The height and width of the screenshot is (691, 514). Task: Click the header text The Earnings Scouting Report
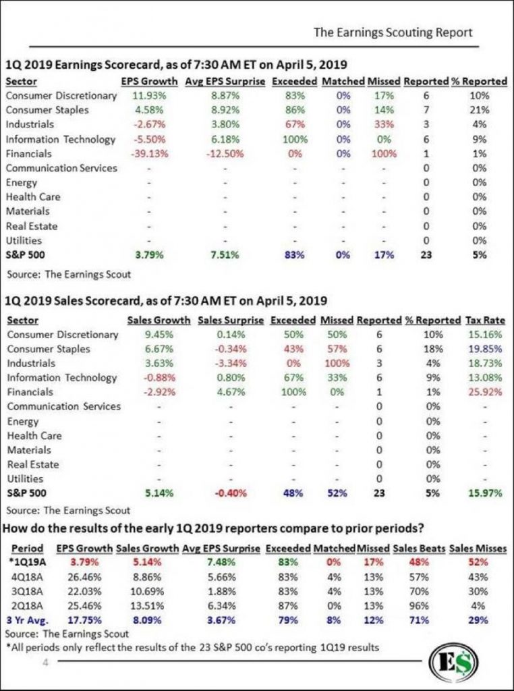(x=393, y=32)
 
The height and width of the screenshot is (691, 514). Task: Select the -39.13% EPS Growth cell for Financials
(x=149, y=154)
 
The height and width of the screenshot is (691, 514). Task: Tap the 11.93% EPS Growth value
(x=149, y=96)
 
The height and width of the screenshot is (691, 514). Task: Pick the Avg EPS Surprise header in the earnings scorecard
(x=225, y=82)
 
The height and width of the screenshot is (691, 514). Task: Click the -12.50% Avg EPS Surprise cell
(x=225, y=154)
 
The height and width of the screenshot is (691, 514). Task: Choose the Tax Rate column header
(x=486, y=321)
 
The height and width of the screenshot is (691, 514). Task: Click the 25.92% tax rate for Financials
(x=486, y=392)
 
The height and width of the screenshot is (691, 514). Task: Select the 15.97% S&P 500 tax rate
(x=486, y=493)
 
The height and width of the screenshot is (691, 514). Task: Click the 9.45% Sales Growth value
(x=159, y=335)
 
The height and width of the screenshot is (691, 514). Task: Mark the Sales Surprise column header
(x=231, y=321)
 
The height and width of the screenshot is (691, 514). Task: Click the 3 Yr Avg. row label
(x=27, y=620)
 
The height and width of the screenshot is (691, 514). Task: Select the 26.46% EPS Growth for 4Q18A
(x=84, y=577)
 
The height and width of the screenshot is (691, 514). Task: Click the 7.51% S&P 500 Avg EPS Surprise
(x=225, y=254)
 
